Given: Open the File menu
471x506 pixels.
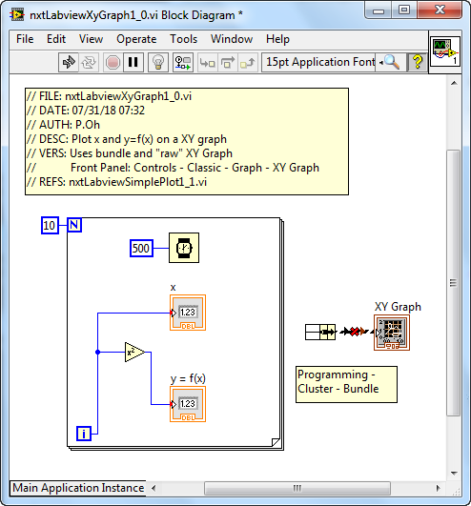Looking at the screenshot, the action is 25,39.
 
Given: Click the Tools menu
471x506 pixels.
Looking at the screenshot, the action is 183,39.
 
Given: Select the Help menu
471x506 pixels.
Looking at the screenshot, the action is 277,39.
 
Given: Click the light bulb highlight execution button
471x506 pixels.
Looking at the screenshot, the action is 158,62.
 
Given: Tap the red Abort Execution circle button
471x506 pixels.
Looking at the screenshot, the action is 113,62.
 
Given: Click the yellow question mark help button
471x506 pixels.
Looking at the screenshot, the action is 418,62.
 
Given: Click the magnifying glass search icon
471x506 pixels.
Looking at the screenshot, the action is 392,62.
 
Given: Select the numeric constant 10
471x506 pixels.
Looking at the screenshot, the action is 50,225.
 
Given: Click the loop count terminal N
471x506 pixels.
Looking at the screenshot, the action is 74,225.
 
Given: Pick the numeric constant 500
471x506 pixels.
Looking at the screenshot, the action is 141,248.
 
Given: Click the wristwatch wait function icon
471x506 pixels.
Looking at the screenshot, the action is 184,248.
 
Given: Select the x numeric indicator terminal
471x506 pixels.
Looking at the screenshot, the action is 188,313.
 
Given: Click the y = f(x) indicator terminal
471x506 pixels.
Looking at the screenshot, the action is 188,404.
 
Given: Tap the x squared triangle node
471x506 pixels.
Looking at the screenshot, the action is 134,352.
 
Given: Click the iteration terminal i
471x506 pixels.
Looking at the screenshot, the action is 84,434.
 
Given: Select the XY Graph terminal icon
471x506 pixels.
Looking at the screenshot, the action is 392,333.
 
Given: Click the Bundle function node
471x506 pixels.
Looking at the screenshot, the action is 320,332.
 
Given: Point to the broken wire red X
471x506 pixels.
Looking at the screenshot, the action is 355,332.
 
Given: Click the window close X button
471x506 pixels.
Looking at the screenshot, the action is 440,10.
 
